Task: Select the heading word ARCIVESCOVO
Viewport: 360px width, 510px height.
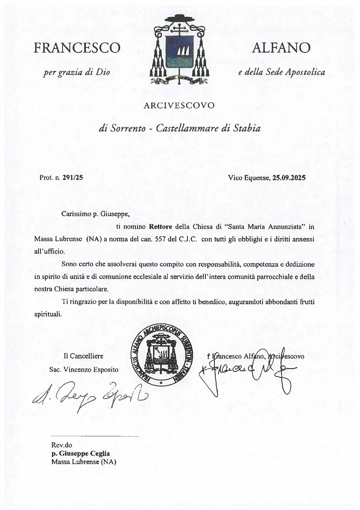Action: [179, 105]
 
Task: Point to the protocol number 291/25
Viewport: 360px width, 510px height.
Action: [73, 178]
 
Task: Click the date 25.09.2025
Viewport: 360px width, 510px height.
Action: [289, 178]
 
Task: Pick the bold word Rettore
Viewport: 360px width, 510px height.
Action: [161, 227]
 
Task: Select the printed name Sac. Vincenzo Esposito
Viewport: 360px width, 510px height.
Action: [84, 370]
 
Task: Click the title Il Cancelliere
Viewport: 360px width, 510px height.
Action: [83, 356]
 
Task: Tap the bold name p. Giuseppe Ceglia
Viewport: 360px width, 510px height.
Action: [80, 453]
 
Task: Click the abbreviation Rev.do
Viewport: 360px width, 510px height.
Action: [62, 445]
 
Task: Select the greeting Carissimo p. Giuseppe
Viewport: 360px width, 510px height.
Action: [94, 214]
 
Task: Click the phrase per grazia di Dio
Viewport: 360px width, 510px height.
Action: [77, 72]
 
